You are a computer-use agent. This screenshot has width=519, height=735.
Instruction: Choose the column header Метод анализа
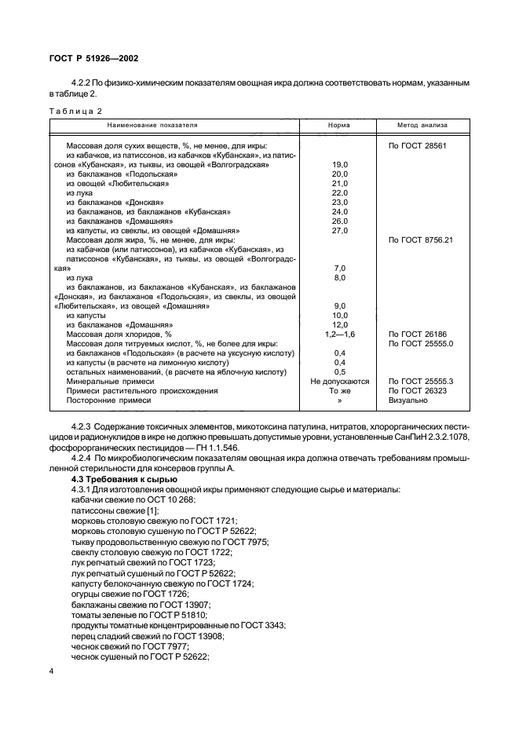click(x=422, y=125)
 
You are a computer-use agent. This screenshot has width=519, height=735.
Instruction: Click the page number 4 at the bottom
click(x=51, y=671)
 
